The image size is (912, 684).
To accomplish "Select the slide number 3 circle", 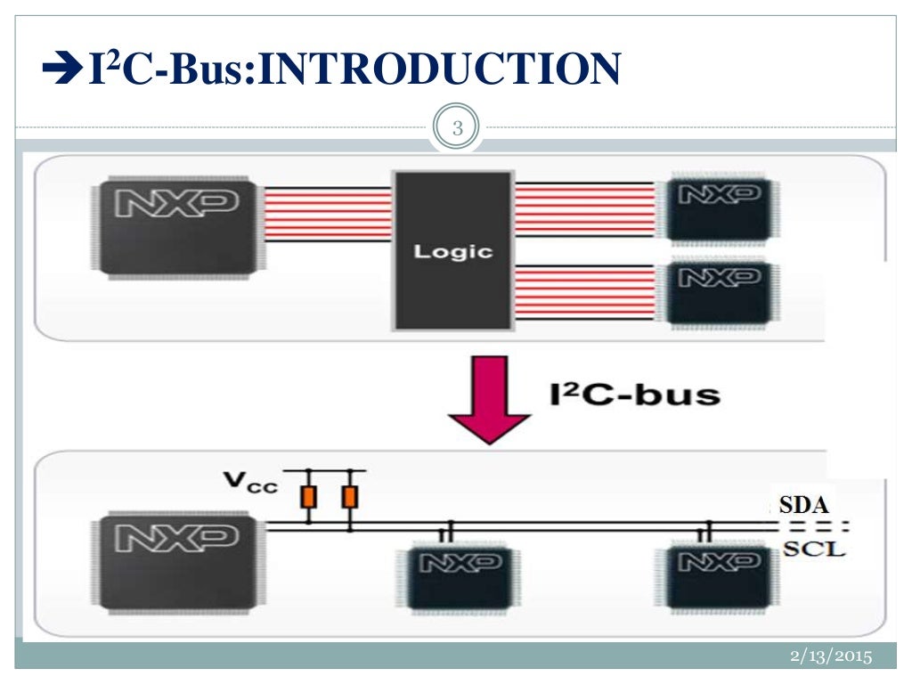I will click(457, 129).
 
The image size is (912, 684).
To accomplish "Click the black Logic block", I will click(453, 250).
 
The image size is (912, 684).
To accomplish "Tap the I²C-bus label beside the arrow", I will click(633, 393).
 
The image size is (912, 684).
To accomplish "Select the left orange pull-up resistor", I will click(309, 497).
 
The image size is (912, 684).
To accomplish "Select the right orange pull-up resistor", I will click(350, 497).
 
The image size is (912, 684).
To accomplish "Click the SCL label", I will click(813, 549).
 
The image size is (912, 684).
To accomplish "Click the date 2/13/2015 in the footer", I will click(829, 656).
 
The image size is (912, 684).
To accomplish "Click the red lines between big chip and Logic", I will click(329, 214).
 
